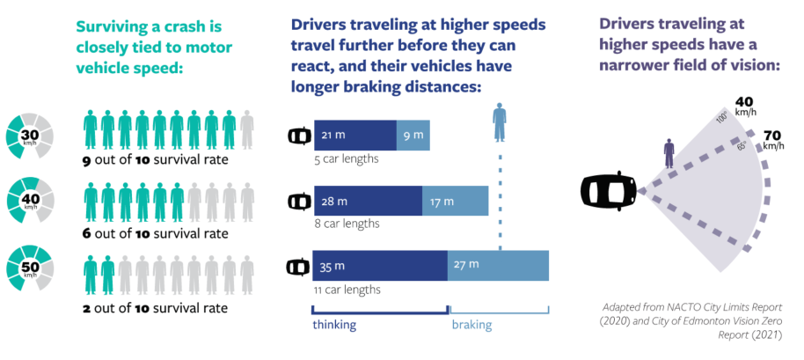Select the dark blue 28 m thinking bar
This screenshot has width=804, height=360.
coord(367,202)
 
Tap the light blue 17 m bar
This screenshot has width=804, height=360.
coord(455,202)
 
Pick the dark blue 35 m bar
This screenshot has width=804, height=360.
coord(380,266)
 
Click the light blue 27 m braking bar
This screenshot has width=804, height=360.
coord(499,266)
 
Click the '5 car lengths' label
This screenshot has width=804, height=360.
coord(346,159)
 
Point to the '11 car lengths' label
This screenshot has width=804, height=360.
coord(347,289)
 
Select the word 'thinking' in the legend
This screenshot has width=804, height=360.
coord(335,326)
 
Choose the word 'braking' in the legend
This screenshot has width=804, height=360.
coord(472,326)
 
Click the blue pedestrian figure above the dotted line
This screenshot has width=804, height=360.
coord(499,122)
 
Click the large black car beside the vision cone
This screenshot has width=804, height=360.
coord(608,189)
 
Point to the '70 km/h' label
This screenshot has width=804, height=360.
coord(773,139)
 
